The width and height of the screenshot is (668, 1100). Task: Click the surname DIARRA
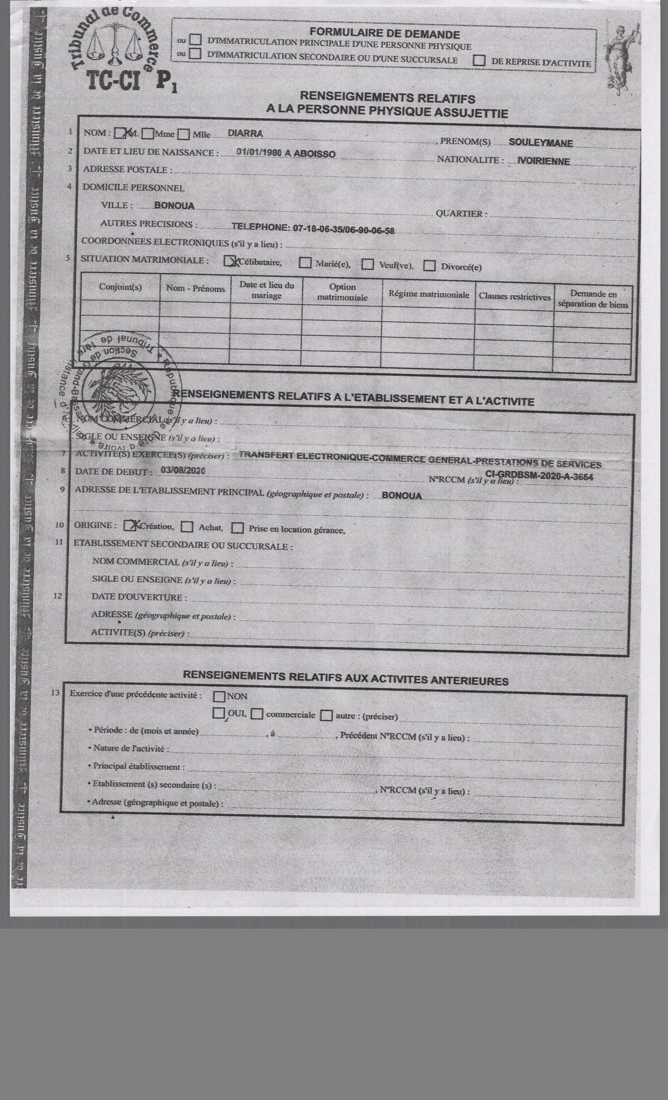(x=245, y=134)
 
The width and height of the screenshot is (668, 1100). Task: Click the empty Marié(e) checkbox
(x=305, y=262)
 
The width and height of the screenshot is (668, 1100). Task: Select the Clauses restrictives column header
(x=514, y=296)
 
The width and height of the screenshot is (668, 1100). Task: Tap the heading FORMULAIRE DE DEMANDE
(x=385, y=34)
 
